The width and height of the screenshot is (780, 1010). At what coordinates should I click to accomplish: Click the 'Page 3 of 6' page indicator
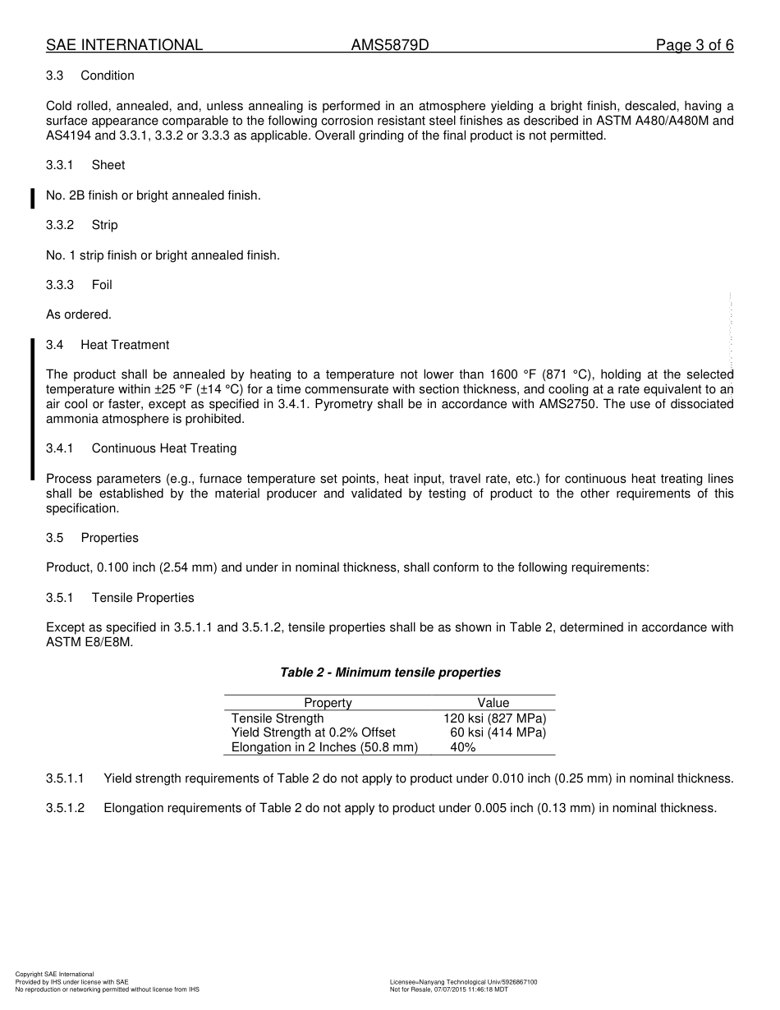[x=694, y=45]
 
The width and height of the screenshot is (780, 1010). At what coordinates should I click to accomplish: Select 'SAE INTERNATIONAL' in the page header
[x=124, y=45]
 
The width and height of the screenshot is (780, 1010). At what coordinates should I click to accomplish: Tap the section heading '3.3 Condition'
[x=90, y=76]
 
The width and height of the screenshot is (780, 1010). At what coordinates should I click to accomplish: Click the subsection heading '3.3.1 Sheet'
[x=85, y=165]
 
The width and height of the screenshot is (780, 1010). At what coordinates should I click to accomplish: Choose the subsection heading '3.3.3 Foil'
[x=79, y=285]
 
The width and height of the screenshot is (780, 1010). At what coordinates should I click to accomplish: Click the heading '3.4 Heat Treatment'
[x=108, y=345]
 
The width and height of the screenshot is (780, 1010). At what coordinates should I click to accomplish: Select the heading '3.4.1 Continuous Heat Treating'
[x=141, y=448]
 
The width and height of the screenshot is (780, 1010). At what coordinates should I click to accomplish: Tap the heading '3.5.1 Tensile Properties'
[x=120, y=598]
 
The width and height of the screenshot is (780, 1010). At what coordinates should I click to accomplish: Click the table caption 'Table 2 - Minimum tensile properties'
[x=390, y=673]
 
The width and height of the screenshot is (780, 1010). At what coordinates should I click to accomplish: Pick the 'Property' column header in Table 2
[x=328, y=703]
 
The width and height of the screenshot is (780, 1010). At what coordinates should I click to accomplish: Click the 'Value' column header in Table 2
[x=493, y=703]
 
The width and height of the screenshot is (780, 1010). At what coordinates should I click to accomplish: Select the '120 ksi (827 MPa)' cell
[x=494, y=718]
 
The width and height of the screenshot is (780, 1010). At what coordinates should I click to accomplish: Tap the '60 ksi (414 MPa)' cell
[x=498, y=732]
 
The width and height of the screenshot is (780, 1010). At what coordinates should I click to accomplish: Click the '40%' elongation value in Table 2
[x=463, y=747]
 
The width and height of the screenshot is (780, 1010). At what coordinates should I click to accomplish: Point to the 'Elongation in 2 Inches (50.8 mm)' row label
[x=324, y=747]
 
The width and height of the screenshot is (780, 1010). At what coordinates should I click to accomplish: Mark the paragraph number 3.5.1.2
[x=66, y=808]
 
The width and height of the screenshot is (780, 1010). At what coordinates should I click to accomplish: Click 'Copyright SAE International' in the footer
[x=54, y=975]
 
